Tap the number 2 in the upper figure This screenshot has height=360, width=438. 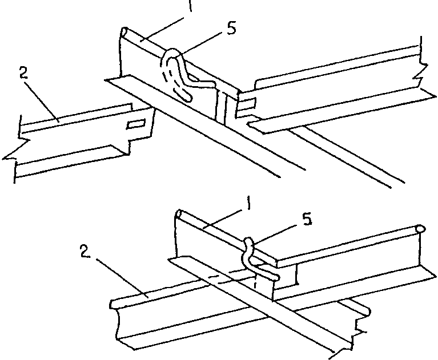[x=24, y=73]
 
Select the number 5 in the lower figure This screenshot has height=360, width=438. [x=307, y=219]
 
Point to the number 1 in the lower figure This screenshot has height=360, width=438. [x=248, y=203]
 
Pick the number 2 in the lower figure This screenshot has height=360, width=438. [x=85, y=251]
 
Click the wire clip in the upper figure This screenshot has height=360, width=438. [x=184, y=72]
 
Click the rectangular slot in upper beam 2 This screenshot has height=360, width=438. [x=136, y=124]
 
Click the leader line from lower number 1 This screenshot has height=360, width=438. [x=222, y=220]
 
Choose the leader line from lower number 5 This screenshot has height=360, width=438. [x=276, y=234]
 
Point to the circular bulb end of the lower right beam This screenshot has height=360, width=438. [x=420, y=229]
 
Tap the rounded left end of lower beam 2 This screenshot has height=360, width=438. [x=112, y=304]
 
